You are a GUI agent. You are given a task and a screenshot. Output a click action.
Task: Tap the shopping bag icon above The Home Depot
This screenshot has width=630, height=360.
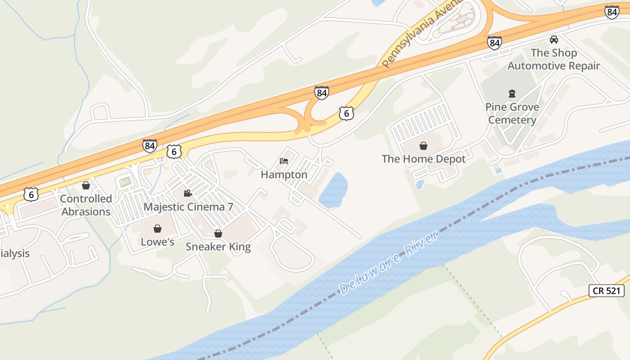423,146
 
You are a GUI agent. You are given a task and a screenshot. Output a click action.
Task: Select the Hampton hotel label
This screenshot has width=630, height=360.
284,175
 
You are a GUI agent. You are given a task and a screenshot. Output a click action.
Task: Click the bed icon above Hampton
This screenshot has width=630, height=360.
283,161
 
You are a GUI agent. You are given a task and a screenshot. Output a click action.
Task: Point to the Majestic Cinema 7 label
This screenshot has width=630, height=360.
188,207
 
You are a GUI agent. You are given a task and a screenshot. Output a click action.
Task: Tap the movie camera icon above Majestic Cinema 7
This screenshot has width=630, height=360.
188,193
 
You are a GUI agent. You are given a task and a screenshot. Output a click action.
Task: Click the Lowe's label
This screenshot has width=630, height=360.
157,242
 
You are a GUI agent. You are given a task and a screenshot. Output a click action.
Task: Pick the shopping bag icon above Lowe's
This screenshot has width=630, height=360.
157,229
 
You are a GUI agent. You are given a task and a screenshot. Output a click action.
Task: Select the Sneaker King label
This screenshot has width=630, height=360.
218,247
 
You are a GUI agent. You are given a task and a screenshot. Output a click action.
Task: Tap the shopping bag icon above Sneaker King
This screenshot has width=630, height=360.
218,234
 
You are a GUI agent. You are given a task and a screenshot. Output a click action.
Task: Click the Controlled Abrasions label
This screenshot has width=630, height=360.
86,205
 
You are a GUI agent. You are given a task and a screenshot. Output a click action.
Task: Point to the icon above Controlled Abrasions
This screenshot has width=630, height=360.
86,185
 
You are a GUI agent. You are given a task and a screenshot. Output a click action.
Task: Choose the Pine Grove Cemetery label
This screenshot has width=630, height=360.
512,113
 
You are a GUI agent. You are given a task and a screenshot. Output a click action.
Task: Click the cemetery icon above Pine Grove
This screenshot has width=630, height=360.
512,94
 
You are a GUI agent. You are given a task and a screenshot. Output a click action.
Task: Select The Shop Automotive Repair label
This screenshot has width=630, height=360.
553,59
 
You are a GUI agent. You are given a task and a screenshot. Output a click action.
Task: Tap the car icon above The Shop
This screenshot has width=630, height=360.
553,40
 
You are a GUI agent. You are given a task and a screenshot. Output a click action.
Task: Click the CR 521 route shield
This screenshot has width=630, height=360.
607,290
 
